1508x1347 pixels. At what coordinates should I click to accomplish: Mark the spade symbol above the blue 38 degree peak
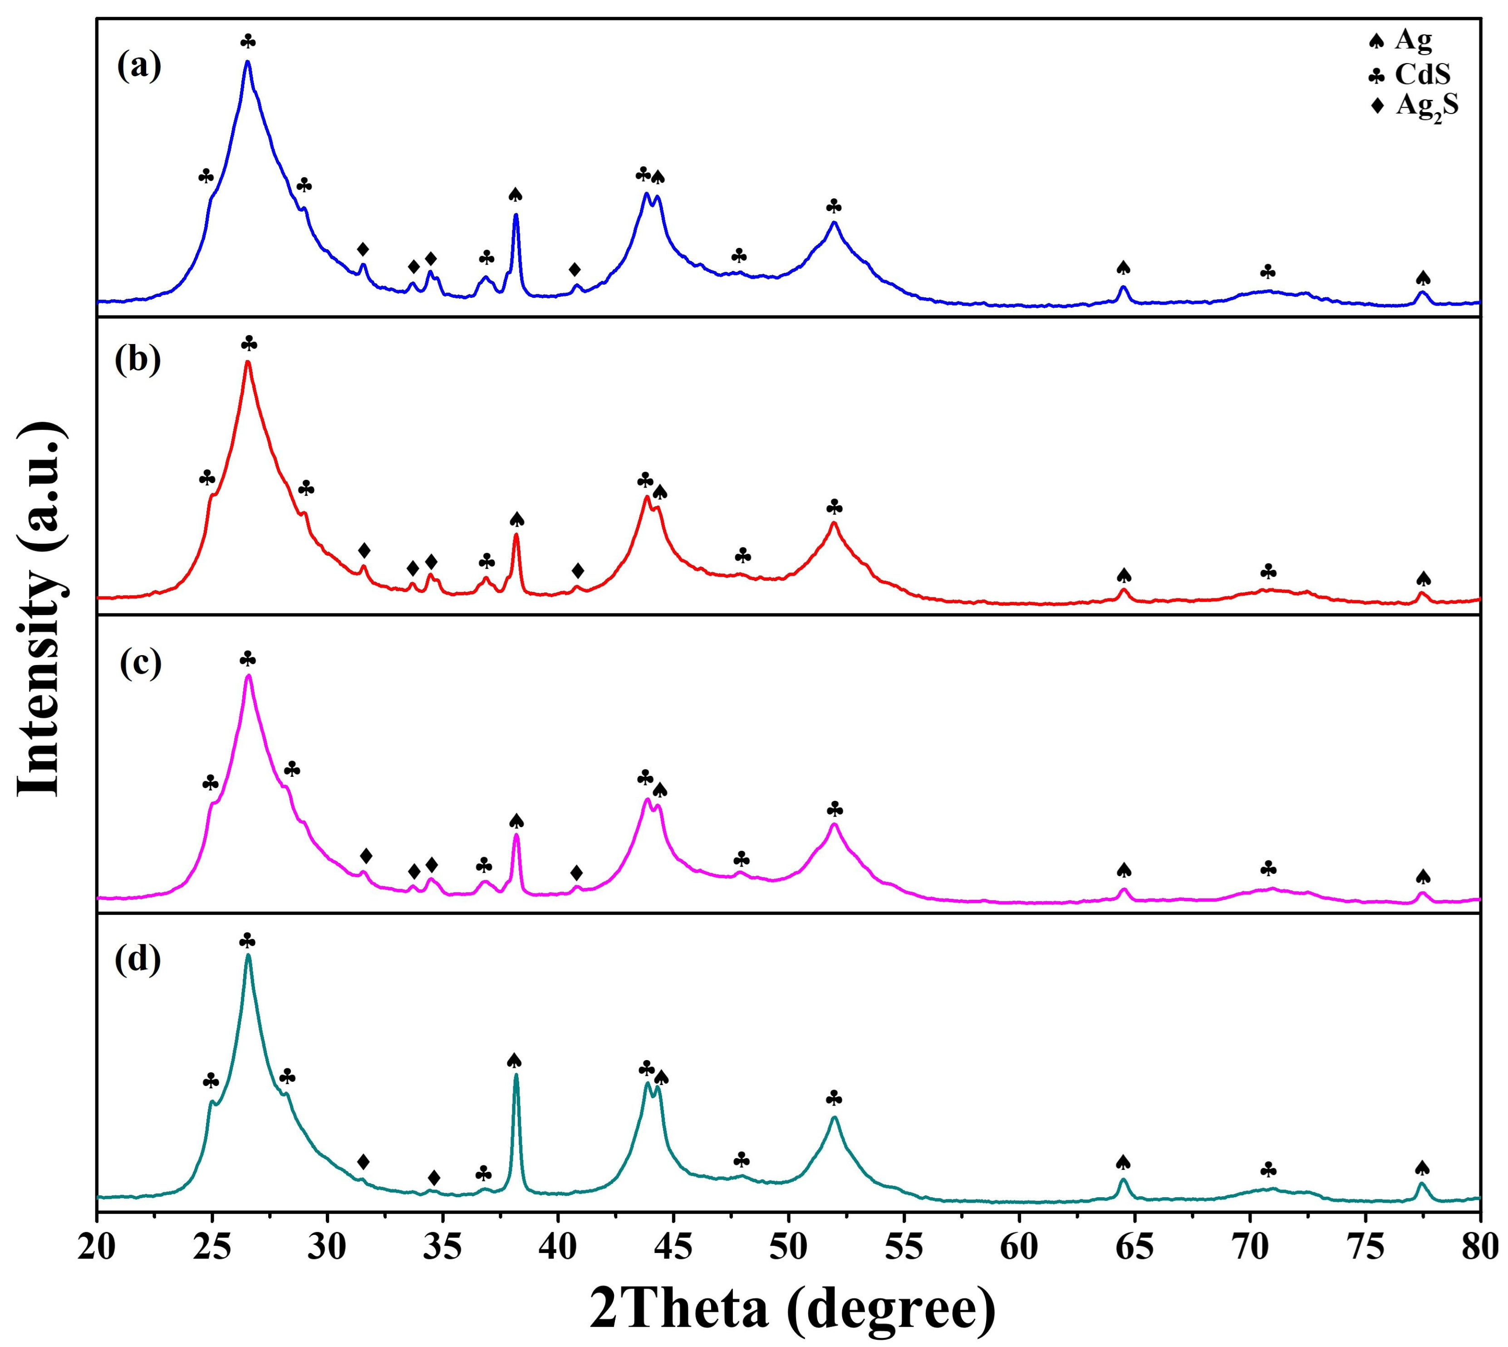(x=516, y=195)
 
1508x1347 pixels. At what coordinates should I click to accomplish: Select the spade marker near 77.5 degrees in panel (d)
(x=1421, y=1168)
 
